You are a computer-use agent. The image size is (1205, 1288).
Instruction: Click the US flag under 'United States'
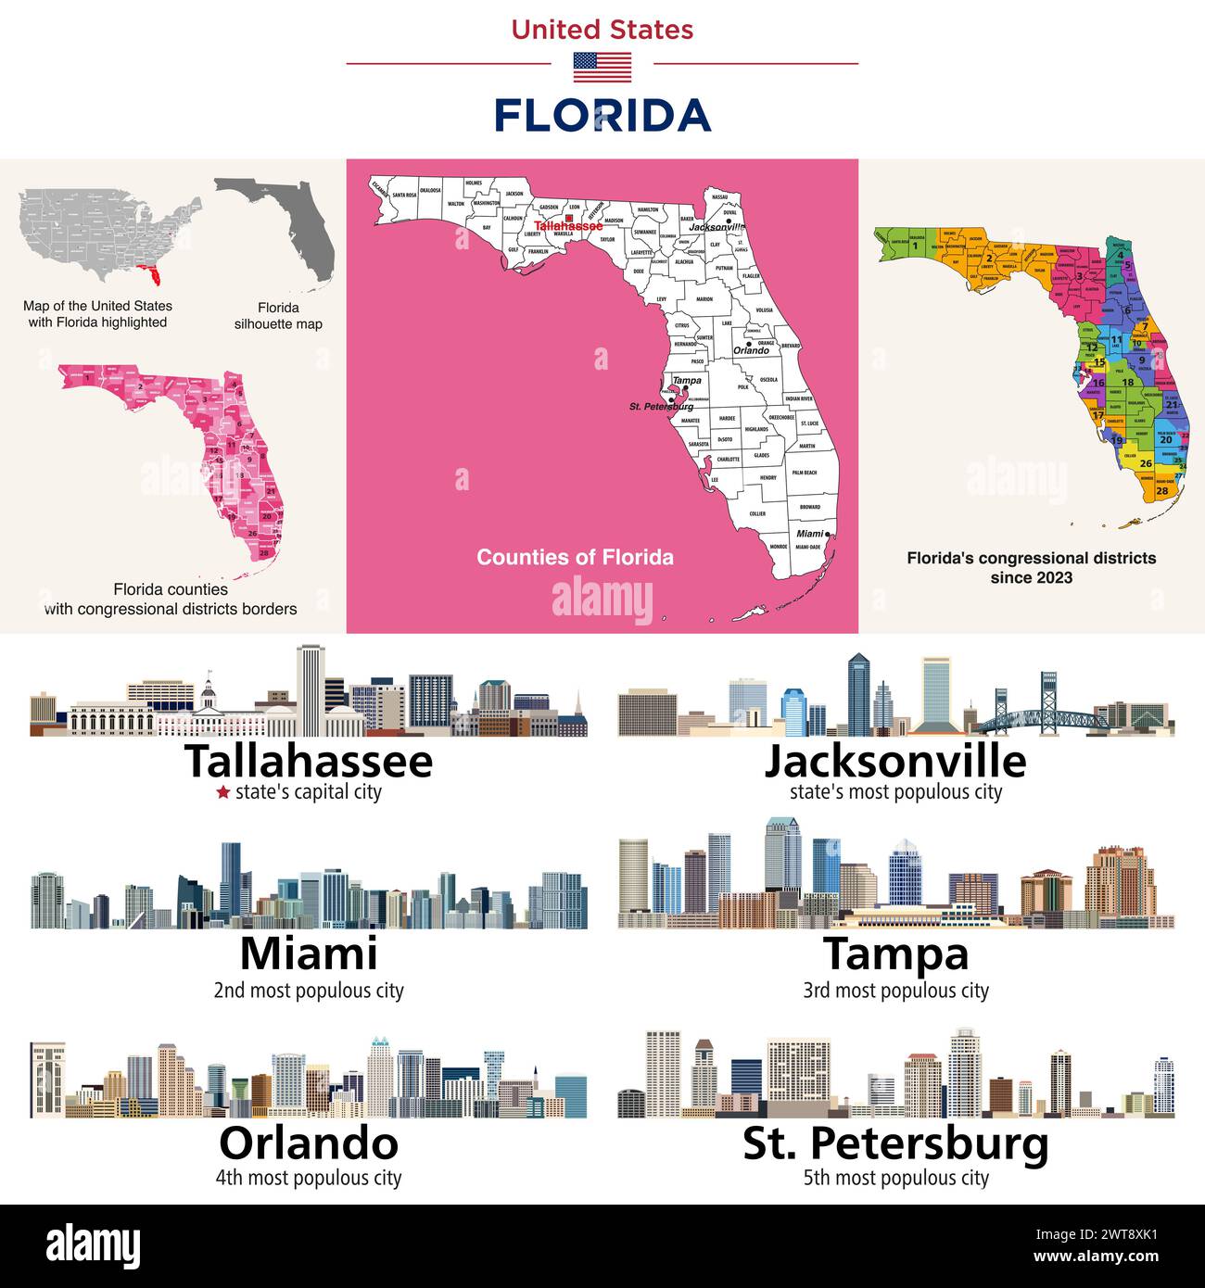pyautogui.click(x=602, y=67)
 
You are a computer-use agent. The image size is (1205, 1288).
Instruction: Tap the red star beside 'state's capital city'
pyautogui.click(x=222, y=792)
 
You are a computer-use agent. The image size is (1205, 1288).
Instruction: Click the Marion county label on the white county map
pyautogui.click(x=704, y=299)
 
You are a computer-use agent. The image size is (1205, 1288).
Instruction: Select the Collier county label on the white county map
pyautogui.click(x=757, y=513)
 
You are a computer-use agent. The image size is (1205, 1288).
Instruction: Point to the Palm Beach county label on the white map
pyautogui.click(x=804, y=473)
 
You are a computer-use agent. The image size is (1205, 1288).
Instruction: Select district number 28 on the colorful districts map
pyautogui.click(x=1161, y=491)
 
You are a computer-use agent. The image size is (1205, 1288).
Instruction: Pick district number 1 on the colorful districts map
pyautogui.click(x=914, y=246)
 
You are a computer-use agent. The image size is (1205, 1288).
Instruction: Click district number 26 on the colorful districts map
pyautogui.click(x=1146, y=463)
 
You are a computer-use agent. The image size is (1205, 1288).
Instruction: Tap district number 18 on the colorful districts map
pyautogui.click(x=1127, y=382)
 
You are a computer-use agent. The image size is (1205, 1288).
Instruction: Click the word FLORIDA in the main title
pyautogui.click(x=602, y=116)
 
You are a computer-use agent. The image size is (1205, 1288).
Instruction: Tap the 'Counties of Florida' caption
pyautogui.click(x=575, y=557)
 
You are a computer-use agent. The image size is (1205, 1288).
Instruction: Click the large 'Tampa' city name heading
pyautogui.click(x=895, y=954)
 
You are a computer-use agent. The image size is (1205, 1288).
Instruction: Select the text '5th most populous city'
pyautogui.click(x=895, y=1178)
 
